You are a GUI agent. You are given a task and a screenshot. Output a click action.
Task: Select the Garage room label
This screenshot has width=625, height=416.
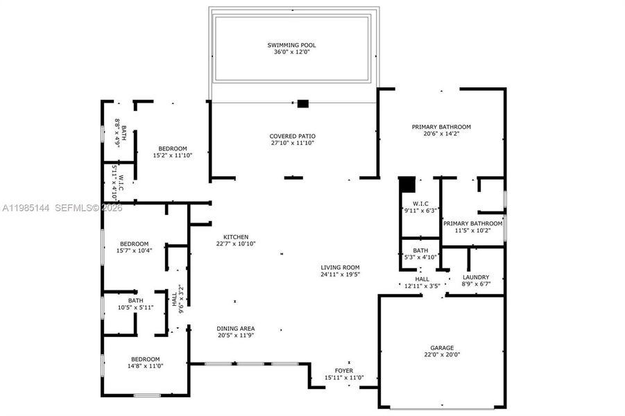[x=441, y=348]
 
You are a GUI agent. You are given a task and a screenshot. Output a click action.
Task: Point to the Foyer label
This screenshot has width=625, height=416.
[x=344, y=371]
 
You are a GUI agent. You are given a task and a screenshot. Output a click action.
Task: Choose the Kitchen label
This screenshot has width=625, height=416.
[x=235, y=236]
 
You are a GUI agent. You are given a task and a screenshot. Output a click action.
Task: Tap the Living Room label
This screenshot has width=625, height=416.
[x=340, y=267]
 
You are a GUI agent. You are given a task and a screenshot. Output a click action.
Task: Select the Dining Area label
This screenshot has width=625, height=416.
[x=235, y=328]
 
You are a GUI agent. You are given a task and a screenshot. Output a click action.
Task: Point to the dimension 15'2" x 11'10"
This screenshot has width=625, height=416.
[x=172, y=155]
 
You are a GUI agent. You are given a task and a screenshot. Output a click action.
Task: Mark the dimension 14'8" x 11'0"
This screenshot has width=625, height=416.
[x=144, y=365]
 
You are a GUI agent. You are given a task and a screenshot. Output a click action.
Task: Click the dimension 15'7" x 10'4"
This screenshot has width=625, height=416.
[x=134, y=250]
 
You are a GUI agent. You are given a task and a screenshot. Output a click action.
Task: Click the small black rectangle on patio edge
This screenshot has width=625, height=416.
[x=302, y=104]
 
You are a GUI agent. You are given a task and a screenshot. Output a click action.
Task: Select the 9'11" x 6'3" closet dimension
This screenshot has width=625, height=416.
[x=420, y=211]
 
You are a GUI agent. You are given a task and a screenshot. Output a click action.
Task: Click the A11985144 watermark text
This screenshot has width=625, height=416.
[x=26, y=207]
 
